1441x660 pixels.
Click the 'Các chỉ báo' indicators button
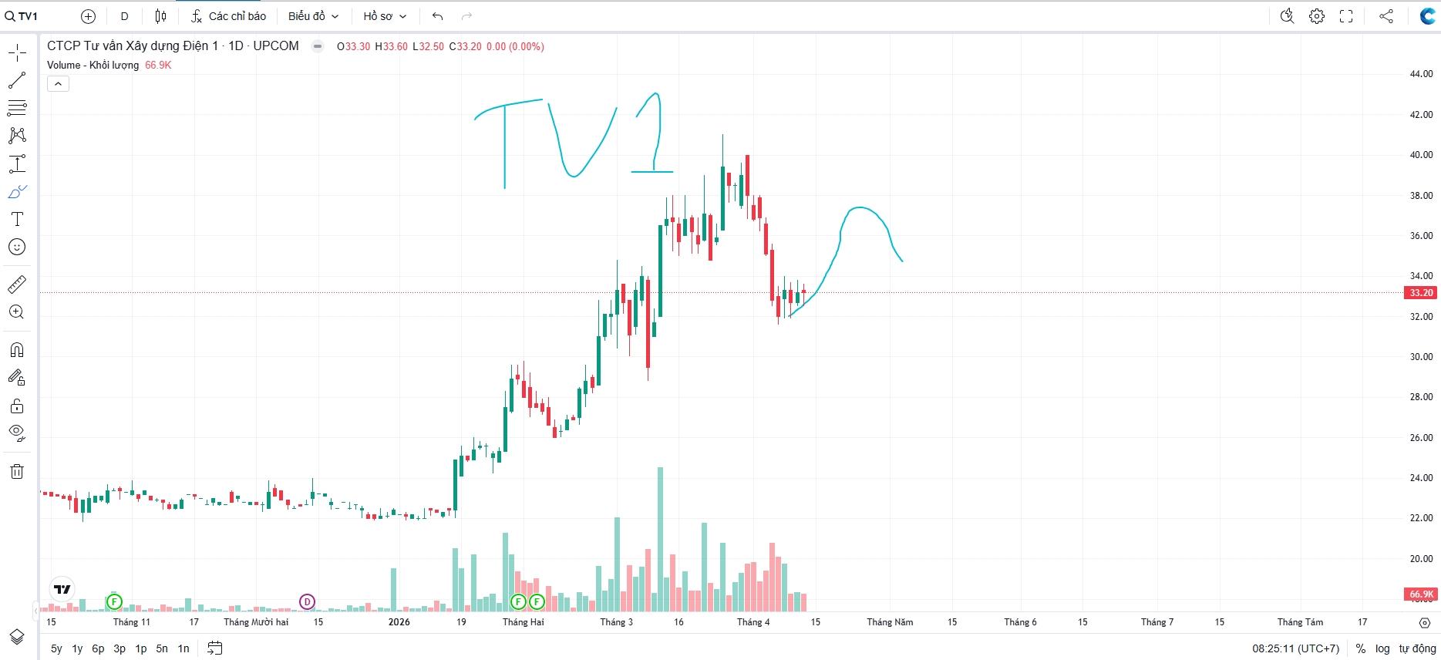point(229,16)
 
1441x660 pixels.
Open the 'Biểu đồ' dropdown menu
point(313,16)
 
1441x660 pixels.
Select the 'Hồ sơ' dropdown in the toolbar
point(384,16)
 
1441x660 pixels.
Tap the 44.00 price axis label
point(1420,74)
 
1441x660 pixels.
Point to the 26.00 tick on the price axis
point(1420,438)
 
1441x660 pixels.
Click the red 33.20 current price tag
point(1420,293)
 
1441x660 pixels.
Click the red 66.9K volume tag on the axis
point(1420,594)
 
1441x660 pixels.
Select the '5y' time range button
point(56,648)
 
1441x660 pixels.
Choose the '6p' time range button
point(98,648)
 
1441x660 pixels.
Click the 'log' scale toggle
point(1382,648)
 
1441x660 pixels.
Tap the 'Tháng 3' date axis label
point(616,622)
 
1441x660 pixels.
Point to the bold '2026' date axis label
point(399,622)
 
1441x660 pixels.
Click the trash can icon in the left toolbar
point(17,472)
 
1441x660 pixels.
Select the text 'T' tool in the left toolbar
point(17,220)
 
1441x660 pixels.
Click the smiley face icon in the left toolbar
point(17,247)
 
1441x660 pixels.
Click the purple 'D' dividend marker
point(307,601)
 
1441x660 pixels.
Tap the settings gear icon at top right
point(1317,16)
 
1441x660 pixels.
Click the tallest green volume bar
point(660,540)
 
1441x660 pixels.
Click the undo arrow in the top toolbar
point(437,16)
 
